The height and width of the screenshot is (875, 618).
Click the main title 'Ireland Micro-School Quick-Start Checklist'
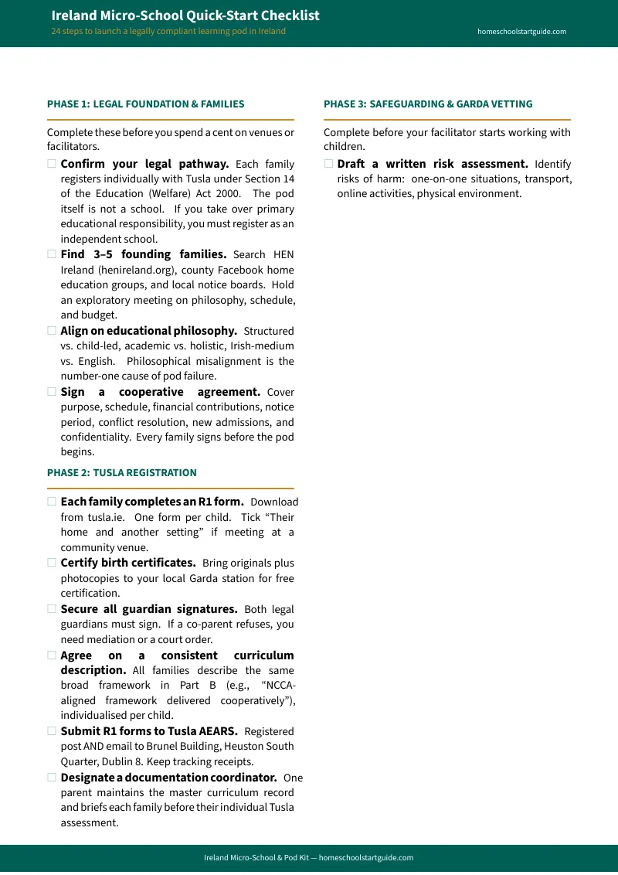click(185, 15)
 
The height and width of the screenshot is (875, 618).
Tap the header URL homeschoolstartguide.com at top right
click(522, 32)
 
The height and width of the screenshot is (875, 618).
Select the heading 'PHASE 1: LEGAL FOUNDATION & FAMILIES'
click(145, 104)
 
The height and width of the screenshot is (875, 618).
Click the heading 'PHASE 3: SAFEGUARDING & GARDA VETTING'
click(428, 104)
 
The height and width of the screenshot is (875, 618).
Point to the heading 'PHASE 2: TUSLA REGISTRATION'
click(121, 472)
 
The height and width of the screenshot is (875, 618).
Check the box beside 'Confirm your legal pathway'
click(52, 164)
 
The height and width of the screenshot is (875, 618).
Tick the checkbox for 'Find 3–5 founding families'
click(52, 254)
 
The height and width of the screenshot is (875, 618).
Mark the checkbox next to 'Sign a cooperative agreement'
click(52, 392)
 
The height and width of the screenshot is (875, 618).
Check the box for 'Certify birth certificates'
click(52, 563)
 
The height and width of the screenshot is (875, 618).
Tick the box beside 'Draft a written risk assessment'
click(328, 164)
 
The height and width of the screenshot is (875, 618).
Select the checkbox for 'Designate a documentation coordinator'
click(52, 778)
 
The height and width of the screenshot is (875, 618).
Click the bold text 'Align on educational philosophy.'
click(148, 331)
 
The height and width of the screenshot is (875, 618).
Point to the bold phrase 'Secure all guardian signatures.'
click(148, 609)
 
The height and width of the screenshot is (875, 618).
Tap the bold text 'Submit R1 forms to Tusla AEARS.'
click(148, 731)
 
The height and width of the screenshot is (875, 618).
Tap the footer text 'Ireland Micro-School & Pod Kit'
click(256, 858)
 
